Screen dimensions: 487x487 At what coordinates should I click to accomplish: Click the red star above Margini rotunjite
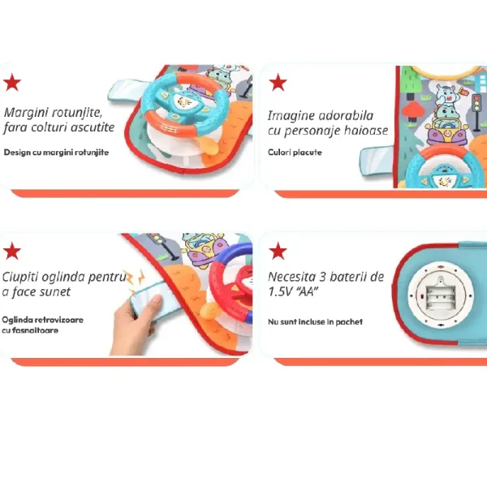point(12,82)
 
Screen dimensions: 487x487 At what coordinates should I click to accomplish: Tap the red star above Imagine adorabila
point(278,82)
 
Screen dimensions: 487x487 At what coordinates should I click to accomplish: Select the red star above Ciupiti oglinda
point(12,251)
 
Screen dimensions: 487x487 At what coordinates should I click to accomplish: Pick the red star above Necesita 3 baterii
point(278,251)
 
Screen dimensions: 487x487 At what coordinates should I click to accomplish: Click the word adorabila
point(346,115)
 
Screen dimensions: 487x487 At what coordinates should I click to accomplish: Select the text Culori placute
point(295,153)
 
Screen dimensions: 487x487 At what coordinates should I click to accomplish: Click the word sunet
point(57,291)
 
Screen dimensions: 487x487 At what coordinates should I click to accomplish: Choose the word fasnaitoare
point(34,330)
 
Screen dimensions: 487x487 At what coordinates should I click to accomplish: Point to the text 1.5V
point(279,292)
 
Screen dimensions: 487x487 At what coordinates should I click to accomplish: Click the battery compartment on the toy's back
point(439,295)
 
